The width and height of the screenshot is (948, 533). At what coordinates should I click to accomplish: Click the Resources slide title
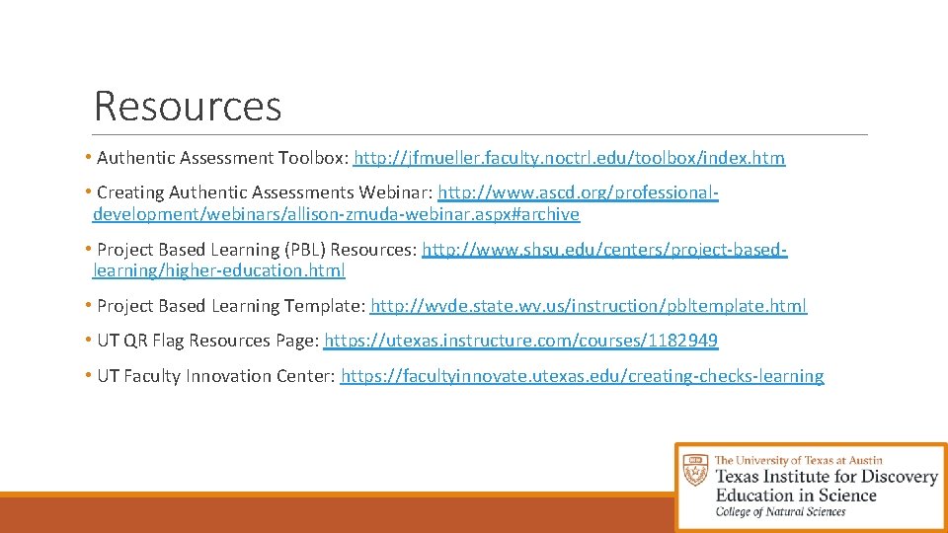click(x=188, y=107)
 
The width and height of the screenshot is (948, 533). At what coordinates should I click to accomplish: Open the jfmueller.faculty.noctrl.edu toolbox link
click(x=570, y=158)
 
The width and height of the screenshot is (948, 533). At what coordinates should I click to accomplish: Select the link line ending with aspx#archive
click(x=336, y=214)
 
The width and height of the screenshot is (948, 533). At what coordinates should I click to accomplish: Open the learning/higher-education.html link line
click(x=219, y=270)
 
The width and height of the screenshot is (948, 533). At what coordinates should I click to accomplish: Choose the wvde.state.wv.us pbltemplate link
click(x=590, y=306)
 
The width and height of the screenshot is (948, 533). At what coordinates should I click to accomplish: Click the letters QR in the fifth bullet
click(x=136, y=341)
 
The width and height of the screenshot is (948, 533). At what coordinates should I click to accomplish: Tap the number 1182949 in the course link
click(x=682, y=341)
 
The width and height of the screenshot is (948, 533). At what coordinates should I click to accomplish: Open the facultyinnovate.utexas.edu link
click(x=583, y=376)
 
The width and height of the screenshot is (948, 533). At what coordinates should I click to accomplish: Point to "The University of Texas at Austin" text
click(x=798, y=460)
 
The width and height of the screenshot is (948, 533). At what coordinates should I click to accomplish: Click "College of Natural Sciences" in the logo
click(x=780, y=512)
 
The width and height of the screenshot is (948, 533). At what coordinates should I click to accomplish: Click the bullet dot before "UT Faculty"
click(x=89, y=375)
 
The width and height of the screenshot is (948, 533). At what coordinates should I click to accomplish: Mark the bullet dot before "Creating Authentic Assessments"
click(x=89, y=191)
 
